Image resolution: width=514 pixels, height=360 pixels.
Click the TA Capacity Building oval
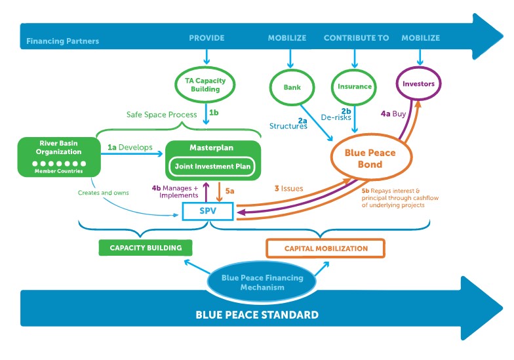206,85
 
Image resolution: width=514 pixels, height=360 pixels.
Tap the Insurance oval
355,86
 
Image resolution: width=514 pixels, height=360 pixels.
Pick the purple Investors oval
419,84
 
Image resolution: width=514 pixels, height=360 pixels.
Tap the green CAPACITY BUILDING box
145,247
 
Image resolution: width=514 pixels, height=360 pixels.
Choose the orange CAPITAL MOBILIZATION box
325,249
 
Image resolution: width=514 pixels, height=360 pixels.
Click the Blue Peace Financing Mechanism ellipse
262,283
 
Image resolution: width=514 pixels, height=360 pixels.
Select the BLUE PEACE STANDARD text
257,315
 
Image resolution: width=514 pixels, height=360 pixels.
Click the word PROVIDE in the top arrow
207,38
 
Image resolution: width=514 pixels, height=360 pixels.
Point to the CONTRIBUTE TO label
356,38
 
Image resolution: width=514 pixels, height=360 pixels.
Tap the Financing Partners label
63,41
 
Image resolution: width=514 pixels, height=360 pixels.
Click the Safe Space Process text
162,115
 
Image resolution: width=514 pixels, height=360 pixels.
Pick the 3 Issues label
288,188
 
